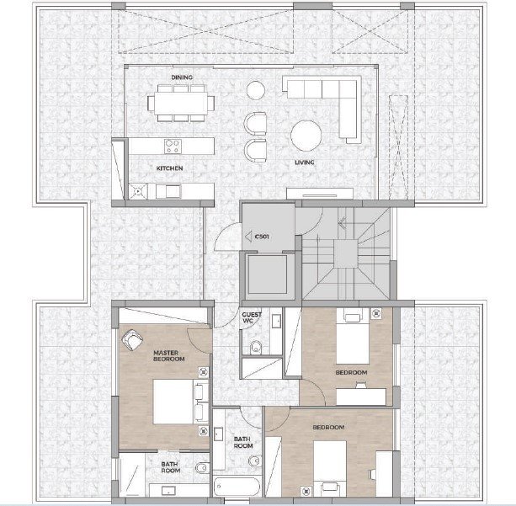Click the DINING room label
pyautogui.click(x=182, y=77)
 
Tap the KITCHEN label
pyautogui.click(x=169, y=168)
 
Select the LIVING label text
pyautogui.click(x=305, y=162)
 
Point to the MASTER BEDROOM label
pyautogui.click(x=169, y=356)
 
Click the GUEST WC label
pyautogui.click(x=252, y=317)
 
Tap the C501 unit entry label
pyautogui.click(x=262, y=237)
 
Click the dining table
pyautogui.click(x=181, y=103)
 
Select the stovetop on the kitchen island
pyautogui.click(x=173, y=146)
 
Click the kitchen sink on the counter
pyautogui.click(x=168, y=192)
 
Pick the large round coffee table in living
pyautogui.click(x=306, y=136)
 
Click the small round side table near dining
pyautogui.click(x=256, y=90)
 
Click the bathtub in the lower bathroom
pyautogui.click(x=237, y=487)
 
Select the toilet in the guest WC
pyautogui.click(x=256, y=348)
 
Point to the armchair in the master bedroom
pyautogui.click(x=132, y=340)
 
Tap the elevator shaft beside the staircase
pyautogui.click(x=267, y=274)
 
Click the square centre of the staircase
pyautogui.click(x=345, y=253)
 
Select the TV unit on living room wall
pyautogui.click(x=320, y=194)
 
